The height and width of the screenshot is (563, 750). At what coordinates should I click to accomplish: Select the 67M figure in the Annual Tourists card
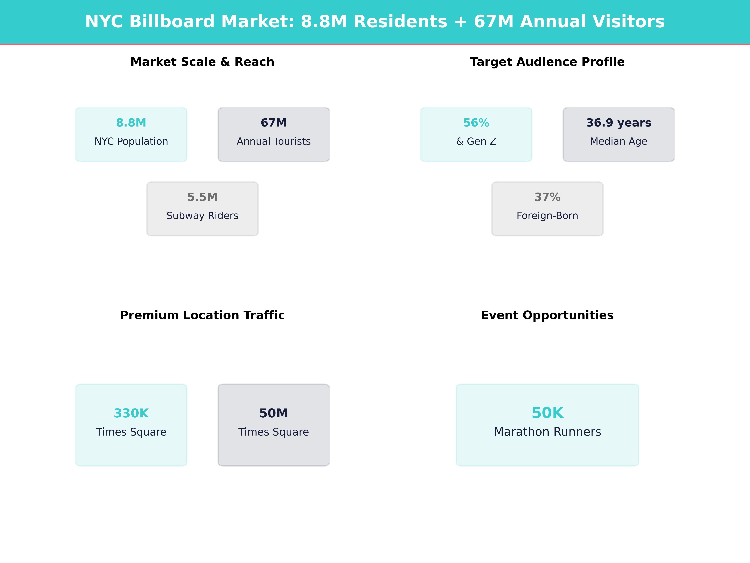click(274, 123)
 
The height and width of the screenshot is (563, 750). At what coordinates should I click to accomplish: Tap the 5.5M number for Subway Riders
click(202, 197)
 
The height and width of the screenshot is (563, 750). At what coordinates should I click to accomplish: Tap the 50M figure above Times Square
click(274, 413)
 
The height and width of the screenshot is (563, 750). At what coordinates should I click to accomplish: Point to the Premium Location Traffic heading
click(202, 315)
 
